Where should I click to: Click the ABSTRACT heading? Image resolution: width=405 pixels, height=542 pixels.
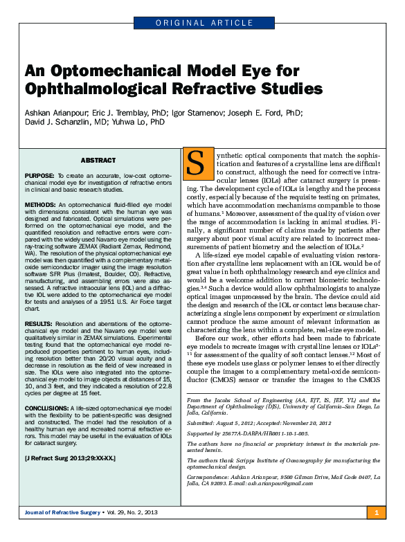[x=98, y=160]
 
